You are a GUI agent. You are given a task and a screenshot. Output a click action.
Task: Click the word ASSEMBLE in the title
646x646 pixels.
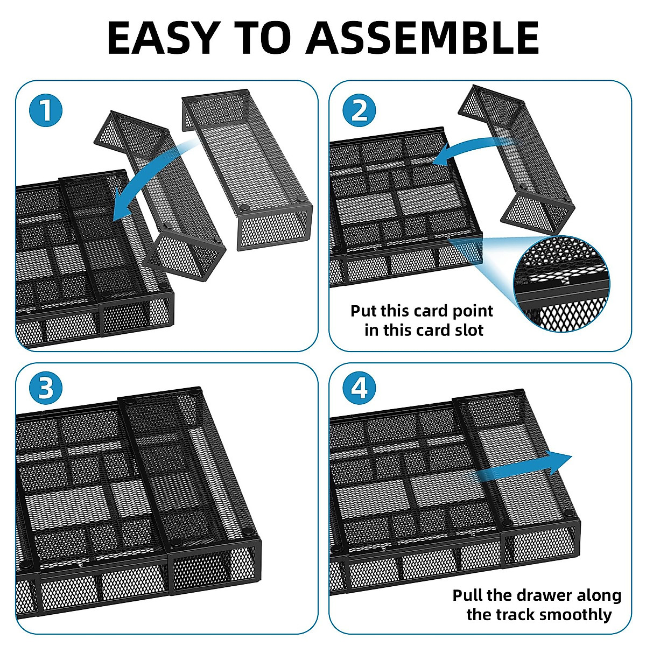click(423, 38)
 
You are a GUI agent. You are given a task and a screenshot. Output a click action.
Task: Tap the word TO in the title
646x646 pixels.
click(263, 38)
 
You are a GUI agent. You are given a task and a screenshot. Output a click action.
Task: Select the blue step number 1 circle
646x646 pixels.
click(46, 110)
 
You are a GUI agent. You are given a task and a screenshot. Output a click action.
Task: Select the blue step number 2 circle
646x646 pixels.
click(359, 110)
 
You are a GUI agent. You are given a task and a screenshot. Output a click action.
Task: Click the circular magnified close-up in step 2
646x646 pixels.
click(562, 284)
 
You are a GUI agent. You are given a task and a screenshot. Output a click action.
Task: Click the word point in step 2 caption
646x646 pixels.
click(473, 312)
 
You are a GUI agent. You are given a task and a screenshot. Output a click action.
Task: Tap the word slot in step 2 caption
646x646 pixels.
click(469, 330)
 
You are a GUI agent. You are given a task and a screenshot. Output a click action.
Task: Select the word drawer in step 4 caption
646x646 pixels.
click(544, 596)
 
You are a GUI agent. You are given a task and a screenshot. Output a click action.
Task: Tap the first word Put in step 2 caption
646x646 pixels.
click(363, 311)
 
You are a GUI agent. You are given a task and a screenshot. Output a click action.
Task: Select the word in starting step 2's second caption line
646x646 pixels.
click(371, 330)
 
